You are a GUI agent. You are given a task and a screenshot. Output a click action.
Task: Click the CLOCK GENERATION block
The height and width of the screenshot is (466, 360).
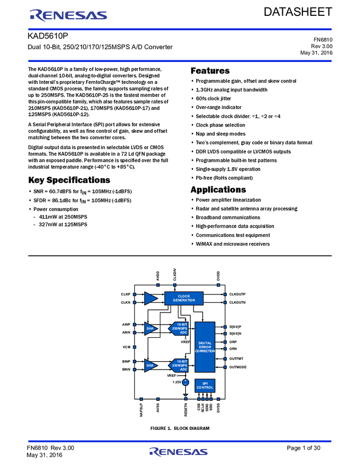[x=184, y=298]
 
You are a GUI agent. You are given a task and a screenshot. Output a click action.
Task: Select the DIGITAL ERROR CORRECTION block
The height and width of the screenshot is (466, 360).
[x=205, y=347]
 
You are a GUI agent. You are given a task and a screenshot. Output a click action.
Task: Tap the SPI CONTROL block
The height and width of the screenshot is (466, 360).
[x=205, y=385]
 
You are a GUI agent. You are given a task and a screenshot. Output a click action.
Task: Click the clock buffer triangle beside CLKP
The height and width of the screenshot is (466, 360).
[x=151, y=298]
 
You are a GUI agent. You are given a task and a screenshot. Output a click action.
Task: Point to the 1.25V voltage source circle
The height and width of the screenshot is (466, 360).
[x=185, y=382]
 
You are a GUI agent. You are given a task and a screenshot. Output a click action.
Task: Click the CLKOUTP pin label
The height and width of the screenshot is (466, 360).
[x=237, y=294]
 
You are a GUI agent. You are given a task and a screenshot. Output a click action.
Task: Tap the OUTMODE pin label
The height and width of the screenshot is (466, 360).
[x=238, y=367]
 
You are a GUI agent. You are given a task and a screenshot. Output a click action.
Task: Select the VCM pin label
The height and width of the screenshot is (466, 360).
[x=126, y=347]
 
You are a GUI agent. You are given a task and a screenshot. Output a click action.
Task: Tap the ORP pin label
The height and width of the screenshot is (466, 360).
[x=233, y=342]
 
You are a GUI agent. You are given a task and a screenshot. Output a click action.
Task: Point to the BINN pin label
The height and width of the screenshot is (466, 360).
[x=126, y=370]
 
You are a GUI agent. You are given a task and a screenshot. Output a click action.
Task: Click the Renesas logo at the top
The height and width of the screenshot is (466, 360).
[x=68, y=15]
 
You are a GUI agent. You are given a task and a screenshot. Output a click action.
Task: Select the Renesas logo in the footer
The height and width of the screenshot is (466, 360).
[x=179, y=452]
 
